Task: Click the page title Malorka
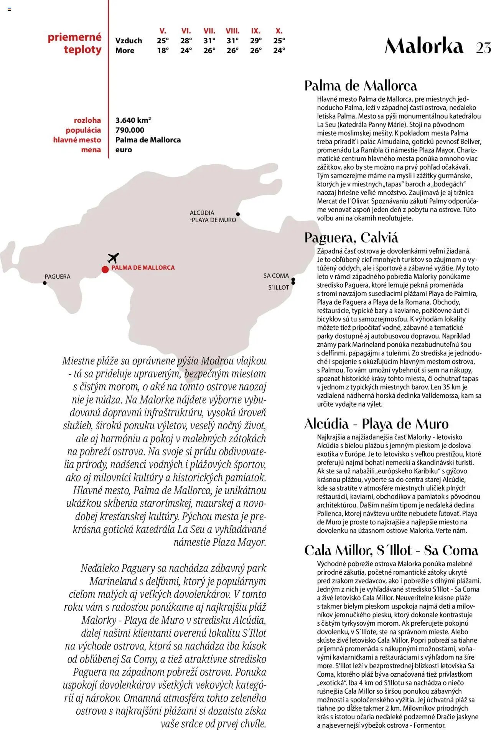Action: click(424, 46)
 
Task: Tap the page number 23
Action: click(483, 48)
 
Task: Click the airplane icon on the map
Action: click(113, 258)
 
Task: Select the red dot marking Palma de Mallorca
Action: click(105, 269)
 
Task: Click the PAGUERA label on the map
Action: click(58, 277)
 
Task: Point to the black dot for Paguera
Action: click(45, 283)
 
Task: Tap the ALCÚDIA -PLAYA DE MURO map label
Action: click(213, 216)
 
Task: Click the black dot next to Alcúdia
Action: click(238, 214)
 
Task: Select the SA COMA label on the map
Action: click(276, 275)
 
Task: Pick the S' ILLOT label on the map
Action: click(278, 287)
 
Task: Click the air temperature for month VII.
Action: click(209, 41)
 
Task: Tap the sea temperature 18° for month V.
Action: click(163, 50)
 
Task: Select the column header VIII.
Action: click(232, 31)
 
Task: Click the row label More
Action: click(125, 50)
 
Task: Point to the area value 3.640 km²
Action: click(133, 120)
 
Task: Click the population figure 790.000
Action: click(130, 130)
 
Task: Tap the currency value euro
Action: click(124, 150)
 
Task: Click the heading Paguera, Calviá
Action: click(351, 238)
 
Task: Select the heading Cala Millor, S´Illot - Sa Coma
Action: click(391, 550)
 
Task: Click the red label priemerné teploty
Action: click(75, 43)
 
